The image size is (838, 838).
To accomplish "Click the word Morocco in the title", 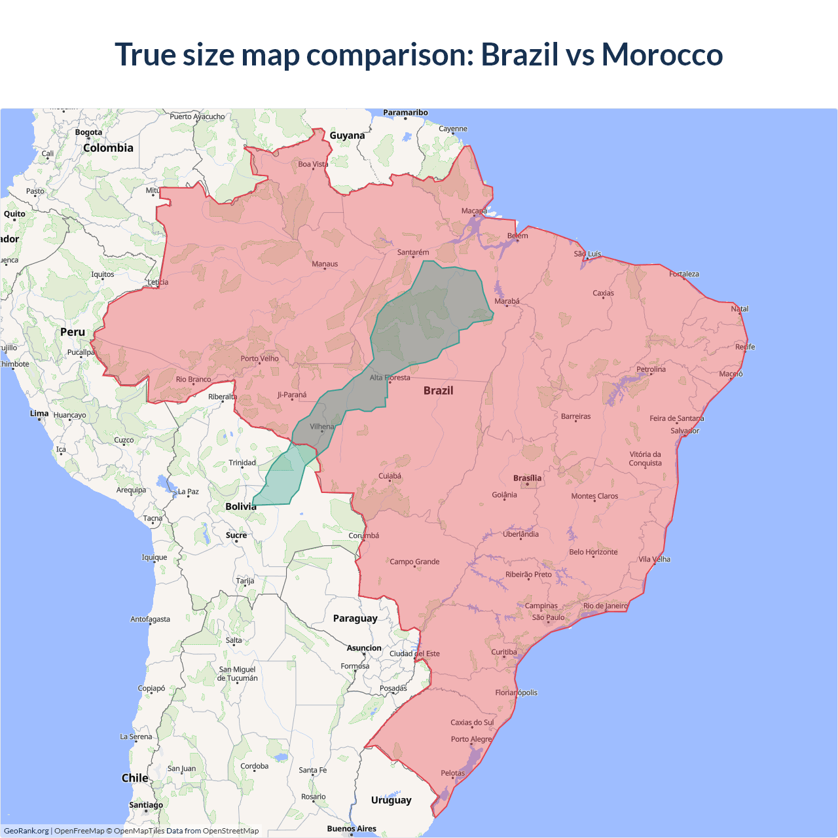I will tap(662, 54).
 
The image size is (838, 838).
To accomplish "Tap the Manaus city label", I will tap(325, 264).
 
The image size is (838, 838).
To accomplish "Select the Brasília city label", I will tap(527, 478).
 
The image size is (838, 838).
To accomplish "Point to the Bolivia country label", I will tap(240, 506).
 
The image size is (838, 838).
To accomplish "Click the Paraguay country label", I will tap(355, 618).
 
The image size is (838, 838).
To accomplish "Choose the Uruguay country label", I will tap(391, 800).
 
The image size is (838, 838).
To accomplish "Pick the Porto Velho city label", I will tap(259, 358).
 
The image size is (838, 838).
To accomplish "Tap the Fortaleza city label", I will tap(683, 274).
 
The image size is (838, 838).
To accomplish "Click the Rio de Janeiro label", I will tap(605, 606).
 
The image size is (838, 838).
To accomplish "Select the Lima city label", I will tap(39, 413).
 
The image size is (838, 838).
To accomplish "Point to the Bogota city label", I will tap(88, 132).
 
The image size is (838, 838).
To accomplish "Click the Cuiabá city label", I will tap(390, 476).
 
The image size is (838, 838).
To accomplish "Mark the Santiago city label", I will tap(146, 805).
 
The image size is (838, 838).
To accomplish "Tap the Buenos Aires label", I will tap(352, 828).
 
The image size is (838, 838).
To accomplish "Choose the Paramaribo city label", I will tap(405, 113).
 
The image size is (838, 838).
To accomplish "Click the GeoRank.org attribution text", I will tap(26, 831).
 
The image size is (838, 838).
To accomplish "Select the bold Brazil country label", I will tap(438, 390).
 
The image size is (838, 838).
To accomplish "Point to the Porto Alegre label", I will tap(471, 739).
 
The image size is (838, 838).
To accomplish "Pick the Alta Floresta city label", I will tap(390, 377).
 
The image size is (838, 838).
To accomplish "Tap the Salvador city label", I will tap(685, 431).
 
